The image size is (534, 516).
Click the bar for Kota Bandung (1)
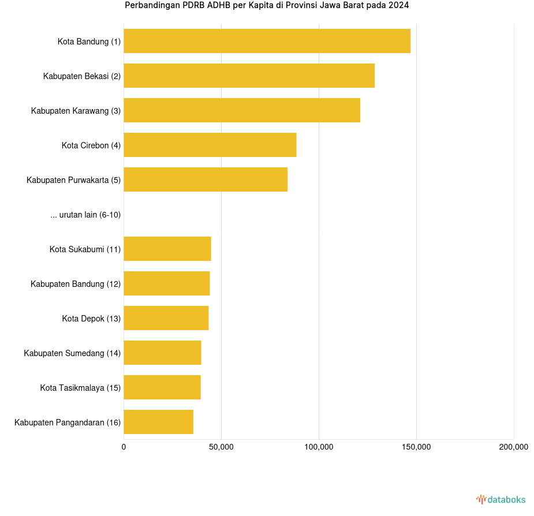click(267, 41)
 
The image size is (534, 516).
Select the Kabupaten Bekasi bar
click(249, 76)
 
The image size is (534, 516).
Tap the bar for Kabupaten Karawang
click(242, 110)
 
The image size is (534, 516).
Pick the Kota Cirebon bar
click(210, 145)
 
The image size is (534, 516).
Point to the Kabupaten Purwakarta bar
click(206, 180)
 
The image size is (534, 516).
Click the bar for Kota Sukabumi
click(167, 249)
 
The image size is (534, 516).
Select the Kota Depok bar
click(166, 318)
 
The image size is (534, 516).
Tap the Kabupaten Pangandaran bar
click(158, 422)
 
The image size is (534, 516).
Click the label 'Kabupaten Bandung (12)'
click(76, 284)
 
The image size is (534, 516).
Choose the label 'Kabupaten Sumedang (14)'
click(72, 353)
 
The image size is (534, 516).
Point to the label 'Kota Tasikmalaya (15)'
click(80, 388)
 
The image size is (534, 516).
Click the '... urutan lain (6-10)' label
click(85, 215)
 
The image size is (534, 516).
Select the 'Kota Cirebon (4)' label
click(91, 145)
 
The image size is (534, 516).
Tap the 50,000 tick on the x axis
click(221, 447)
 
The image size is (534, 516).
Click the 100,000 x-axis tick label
click(319, 447)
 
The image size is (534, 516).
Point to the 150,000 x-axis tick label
click(416, 447)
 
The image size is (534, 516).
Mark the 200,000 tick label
click(513, 447)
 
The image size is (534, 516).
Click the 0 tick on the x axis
click(124, 447)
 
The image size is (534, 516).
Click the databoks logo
click(501, 499)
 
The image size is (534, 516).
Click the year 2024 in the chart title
click(399, 6)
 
